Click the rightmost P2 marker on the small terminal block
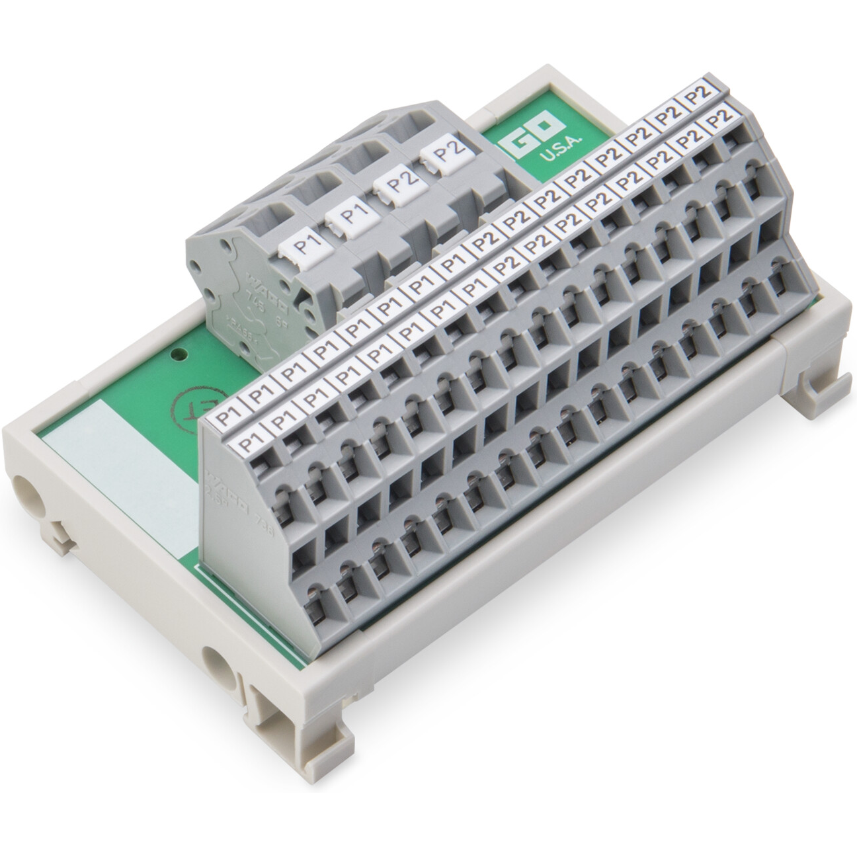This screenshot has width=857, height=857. click(448, 153)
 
